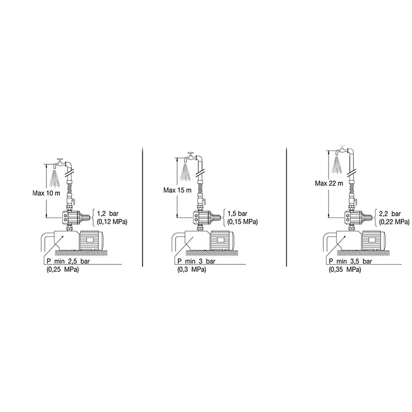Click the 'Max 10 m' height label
(x=46, y=193)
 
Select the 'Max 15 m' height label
(x=177, y=190)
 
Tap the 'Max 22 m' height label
(x=329, y=183)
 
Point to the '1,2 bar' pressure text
(x=108, y=213)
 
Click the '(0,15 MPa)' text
(x=243, y=222)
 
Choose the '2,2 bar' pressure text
(x=390, y=213)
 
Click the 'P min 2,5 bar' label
(x=68, y=261)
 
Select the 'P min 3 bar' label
(x=196, y=261)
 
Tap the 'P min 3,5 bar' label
(x=351, y=261)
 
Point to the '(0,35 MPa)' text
(x=345, y=269)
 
